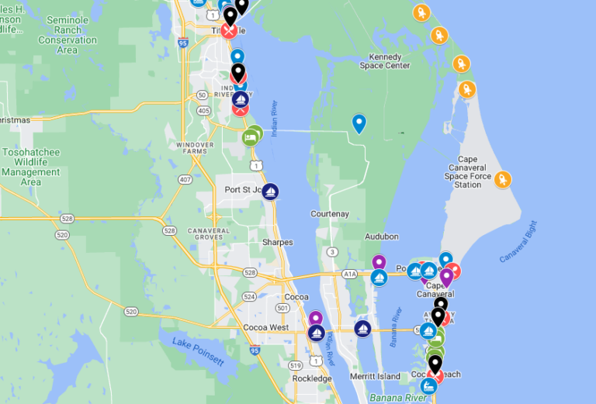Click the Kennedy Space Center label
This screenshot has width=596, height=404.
coord(385,61)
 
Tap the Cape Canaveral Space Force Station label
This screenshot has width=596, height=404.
coord(468,171)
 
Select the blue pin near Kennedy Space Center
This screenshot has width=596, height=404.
coord(359,123)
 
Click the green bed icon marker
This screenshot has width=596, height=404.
coord(251,138)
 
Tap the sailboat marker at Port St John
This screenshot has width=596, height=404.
coord(270,191)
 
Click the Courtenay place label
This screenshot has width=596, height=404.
coord(330,214)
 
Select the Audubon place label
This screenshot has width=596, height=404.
coord(381,237)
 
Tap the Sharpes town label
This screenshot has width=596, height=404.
coord(277,243)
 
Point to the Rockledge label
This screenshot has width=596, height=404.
coord(312,378)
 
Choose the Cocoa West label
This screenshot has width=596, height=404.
coord(265,328)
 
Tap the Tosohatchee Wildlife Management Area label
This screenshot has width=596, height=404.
coord(31,167)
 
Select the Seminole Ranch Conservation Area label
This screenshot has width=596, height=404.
coord(68,35)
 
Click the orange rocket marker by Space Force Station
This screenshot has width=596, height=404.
coord(503,180)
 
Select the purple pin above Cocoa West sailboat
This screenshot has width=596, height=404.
coord(316,318)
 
